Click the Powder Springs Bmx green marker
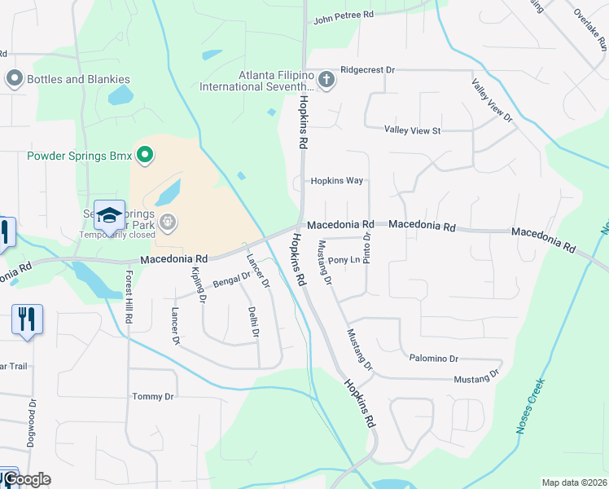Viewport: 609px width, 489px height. [145, 155]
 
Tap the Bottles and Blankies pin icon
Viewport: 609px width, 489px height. [14, 79]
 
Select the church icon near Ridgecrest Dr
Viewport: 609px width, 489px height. [326, 79]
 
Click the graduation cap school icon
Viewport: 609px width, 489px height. [109, 214]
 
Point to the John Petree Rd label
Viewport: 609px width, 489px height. [343, 15]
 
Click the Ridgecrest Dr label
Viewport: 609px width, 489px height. [367, 71]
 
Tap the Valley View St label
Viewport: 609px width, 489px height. [412, 130]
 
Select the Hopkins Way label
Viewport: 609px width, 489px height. [336, 181]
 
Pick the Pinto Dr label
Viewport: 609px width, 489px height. [367, 247]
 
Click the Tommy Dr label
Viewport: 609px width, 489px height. [153, 397]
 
